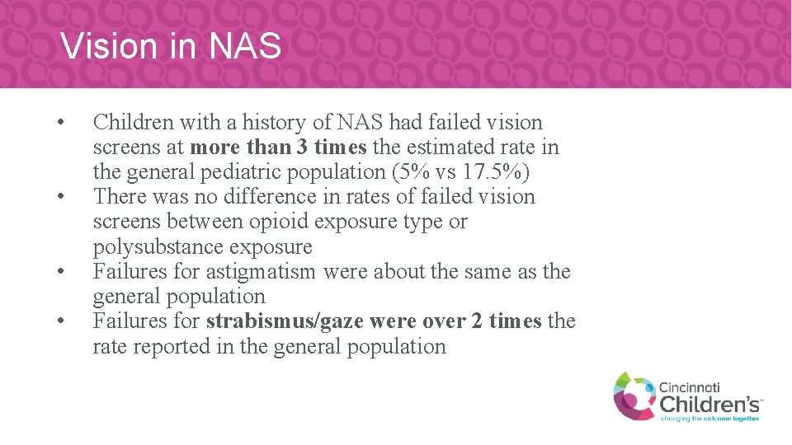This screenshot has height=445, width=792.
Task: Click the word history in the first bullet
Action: pyautogui.click(x=258, y=123)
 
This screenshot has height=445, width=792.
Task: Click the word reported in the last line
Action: pyautogui.click(x=172, y=347)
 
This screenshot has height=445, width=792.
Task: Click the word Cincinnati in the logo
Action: pyautogui.click(x=690, y=386)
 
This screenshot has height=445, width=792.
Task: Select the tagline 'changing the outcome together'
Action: pyautogui.click(x=710, y=418)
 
